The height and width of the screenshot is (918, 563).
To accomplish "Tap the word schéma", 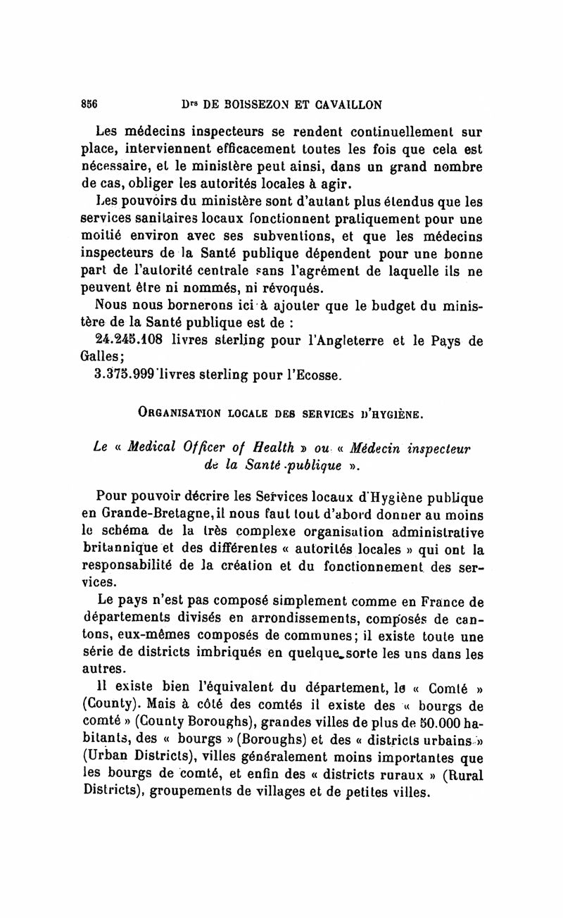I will pos(125,532).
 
